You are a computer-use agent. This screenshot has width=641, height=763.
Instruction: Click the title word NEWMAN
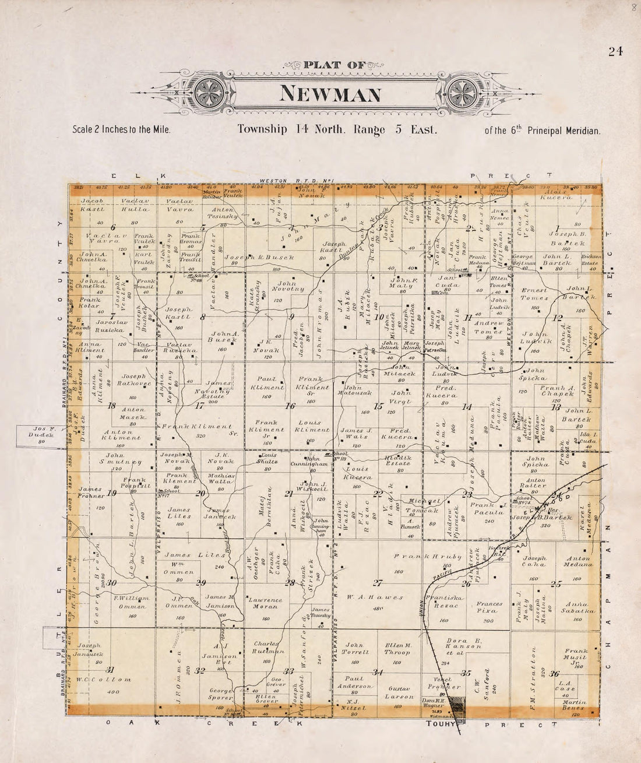(x=332, y=93)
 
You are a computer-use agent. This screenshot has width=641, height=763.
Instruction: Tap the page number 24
(x=615, y=51)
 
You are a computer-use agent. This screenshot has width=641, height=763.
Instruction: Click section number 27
(x=378, y=583)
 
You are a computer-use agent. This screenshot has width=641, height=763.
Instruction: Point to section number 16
(x=290, y=406)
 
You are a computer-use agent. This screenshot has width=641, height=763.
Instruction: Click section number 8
(x=203, y=318)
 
